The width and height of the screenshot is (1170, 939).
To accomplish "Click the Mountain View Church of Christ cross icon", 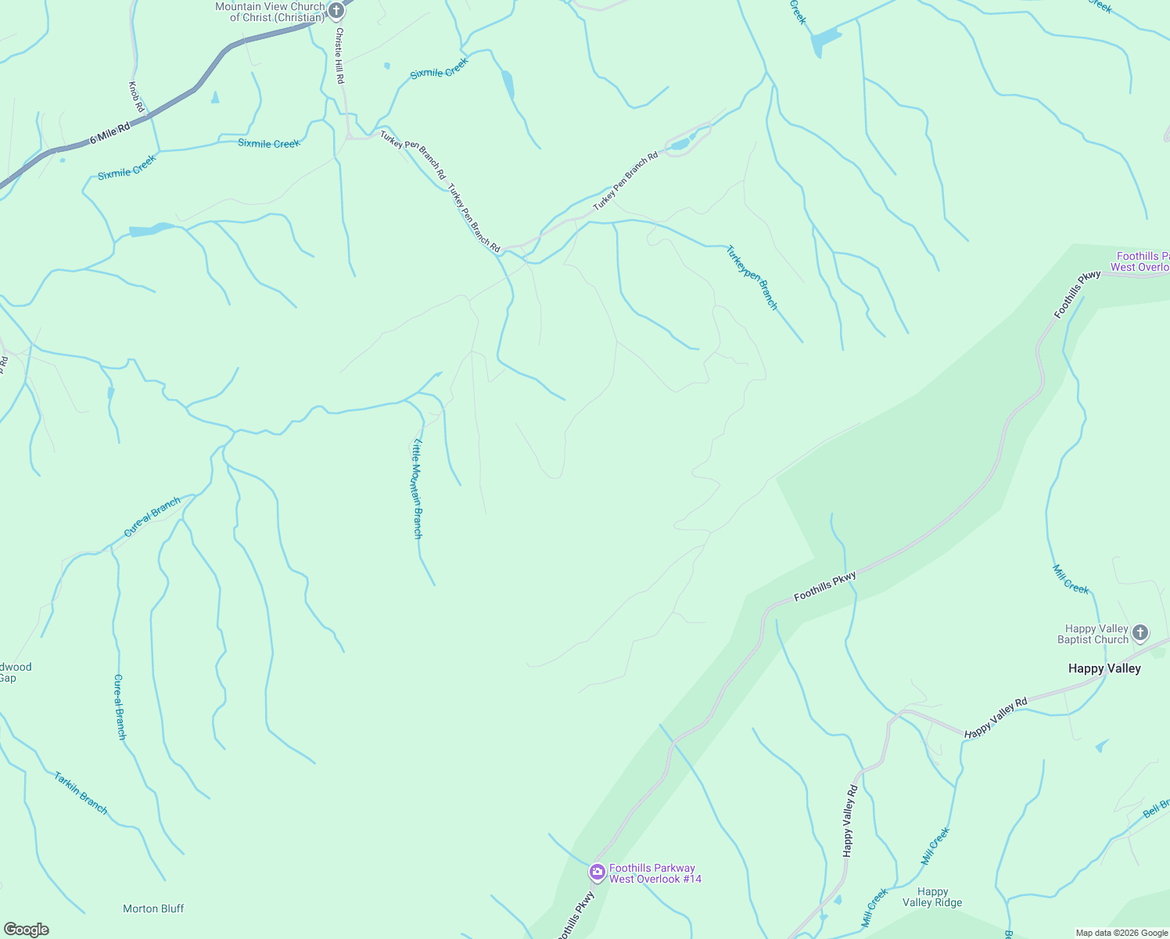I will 336,11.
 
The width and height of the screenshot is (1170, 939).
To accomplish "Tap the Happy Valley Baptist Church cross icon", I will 1140,632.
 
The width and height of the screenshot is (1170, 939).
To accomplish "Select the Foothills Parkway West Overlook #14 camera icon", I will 598,872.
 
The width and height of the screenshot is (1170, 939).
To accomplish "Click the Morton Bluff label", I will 153,908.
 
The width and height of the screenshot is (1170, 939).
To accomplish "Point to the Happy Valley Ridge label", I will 932,897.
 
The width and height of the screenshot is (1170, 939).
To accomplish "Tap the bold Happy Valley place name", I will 1104,668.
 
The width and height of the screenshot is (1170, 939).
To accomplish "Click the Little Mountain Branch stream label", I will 418,488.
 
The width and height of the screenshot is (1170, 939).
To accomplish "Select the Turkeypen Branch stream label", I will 752,278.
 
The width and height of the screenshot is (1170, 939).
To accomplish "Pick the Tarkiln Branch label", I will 81,793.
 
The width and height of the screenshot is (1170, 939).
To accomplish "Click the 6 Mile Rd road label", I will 109,133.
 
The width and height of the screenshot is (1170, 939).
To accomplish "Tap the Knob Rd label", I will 137,96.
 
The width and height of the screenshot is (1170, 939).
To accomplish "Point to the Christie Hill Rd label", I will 339,56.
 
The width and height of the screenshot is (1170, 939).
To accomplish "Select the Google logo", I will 26,930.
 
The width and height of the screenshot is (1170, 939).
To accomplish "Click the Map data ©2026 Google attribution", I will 1122,933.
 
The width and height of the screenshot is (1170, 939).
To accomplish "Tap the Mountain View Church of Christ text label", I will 271,12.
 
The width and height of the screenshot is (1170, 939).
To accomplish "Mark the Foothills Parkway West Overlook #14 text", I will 655,873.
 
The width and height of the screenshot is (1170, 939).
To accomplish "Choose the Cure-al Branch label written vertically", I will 120,707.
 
